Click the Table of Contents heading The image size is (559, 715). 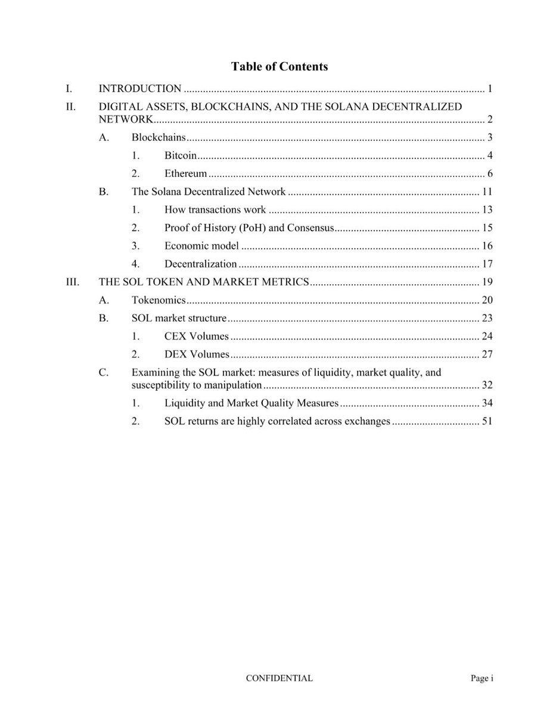[x=279, y=67]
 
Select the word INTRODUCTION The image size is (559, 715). [x=140, y=89]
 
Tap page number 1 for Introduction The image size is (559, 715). [x=489, y=89]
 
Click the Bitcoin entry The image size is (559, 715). [x=181, y=156]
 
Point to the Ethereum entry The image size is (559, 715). [x=186, y=174]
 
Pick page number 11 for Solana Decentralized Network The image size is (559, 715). [x=486, y=192]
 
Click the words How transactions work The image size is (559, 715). [x=215, y=210]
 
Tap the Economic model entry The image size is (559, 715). [x=201, y=245]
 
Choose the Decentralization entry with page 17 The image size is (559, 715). [x=200, y=263]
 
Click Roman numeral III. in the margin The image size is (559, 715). [x=72, y=282]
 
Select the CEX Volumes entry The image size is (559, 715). [x=197, y=336]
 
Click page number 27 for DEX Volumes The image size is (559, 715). [x=486, y=355]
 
